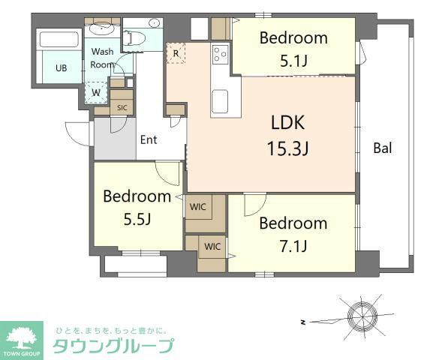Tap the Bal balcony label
[383, 148]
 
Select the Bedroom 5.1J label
[293, 49]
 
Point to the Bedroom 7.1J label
[293, 233]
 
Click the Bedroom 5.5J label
[137, 208]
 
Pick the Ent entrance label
[148, 139]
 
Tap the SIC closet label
[122, 107]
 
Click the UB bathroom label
[61, 68]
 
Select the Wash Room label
[103, 58]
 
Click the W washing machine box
[96, 93]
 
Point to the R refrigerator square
[176, 53]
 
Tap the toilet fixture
[136, 37]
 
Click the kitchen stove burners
[221, 53]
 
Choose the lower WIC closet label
[212, 245]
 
